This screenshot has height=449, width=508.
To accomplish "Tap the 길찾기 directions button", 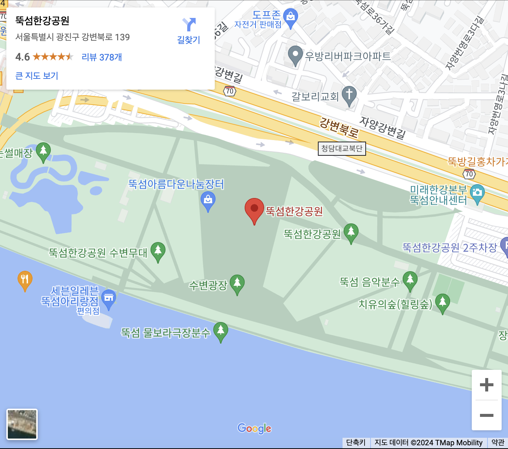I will click(189, 31).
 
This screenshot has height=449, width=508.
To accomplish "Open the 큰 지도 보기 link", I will click(37, 76).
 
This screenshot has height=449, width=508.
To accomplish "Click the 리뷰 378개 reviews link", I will click(102, 57).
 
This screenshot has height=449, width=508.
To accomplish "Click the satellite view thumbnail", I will click(22, 424).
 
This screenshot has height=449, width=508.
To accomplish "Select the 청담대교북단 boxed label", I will click(342, 149).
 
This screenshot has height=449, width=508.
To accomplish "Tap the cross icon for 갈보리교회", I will click(349, 95).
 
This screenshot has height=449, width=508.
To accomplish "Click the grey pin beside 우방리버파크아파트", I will click(295, 55).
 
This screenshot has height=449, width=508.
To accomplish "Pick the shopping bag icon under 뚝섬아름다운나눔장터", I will click(208, 200).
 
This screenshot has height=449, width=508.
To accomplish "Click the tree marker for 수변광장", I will click(237, 283).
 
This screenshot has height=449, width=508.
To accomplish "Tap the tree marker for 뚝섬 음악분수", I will click(410, 280).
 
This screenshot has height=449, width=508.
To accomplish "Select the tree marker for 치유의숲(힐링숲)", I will click(443, 302).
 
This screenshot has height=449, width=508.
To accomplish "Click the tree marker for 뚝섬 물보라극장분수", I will click(221, 331).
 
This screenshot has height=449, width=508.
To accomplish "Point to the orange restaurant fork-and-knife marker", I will click(25, 279).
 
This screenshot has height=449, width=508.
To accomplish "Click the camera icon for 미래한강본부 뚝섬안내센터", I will click(477, 193).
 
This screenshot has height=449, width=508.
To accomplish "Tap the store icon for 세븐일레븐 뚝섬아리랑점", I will click(109, 298).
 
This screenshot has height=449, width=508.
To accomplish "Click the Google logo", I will click(254, 428).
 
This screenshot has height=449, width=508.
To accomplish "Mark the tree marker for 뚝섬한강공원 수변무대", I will click(158, 250).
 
